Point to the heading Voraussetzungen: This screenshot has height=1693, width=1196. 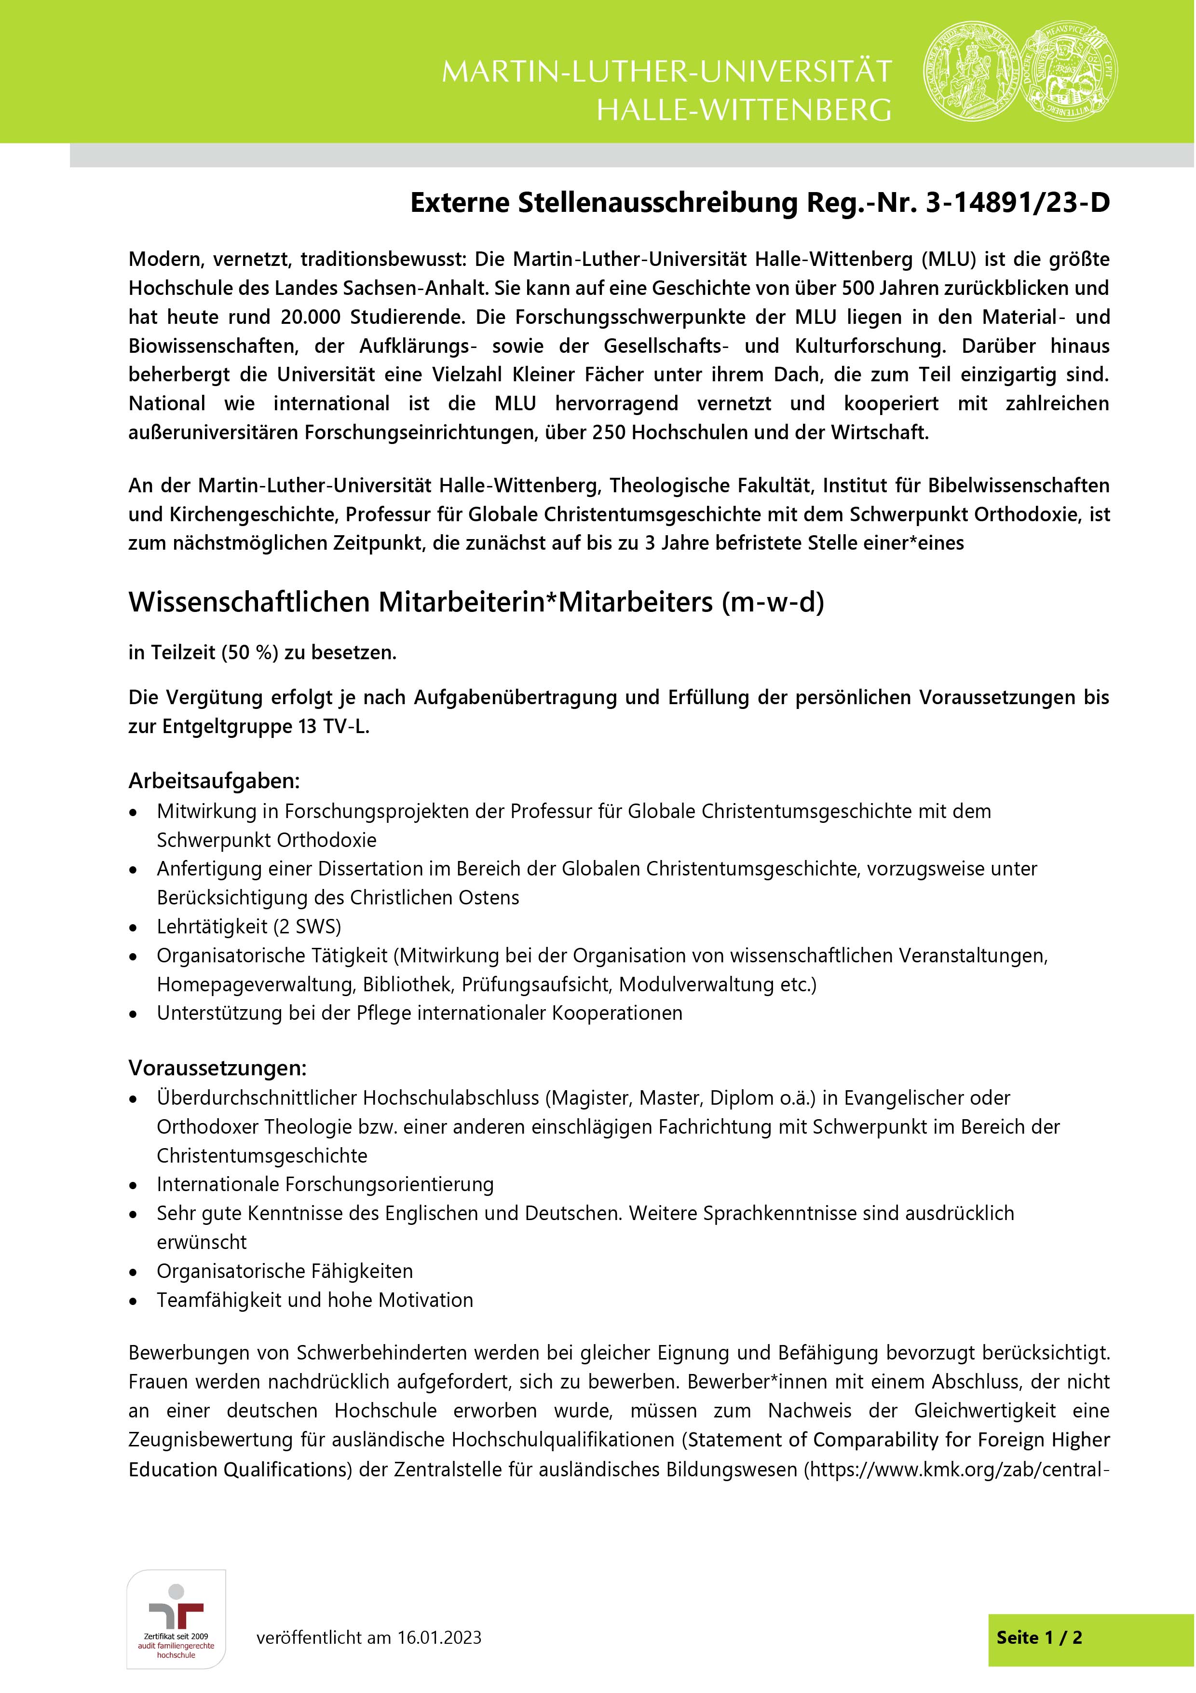[x=217, y=1068]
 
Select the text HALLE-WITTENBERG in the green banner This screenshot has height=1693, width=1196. [x=744, y=110]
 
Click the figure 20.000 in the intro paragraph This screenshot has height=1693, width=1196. [x=310, y=317]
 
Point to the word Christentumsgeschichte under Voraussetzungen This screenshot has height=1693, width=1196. [x=261, y=1155]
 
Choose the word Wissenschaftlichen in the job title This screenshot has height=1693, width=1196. [x=249, y=602]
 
